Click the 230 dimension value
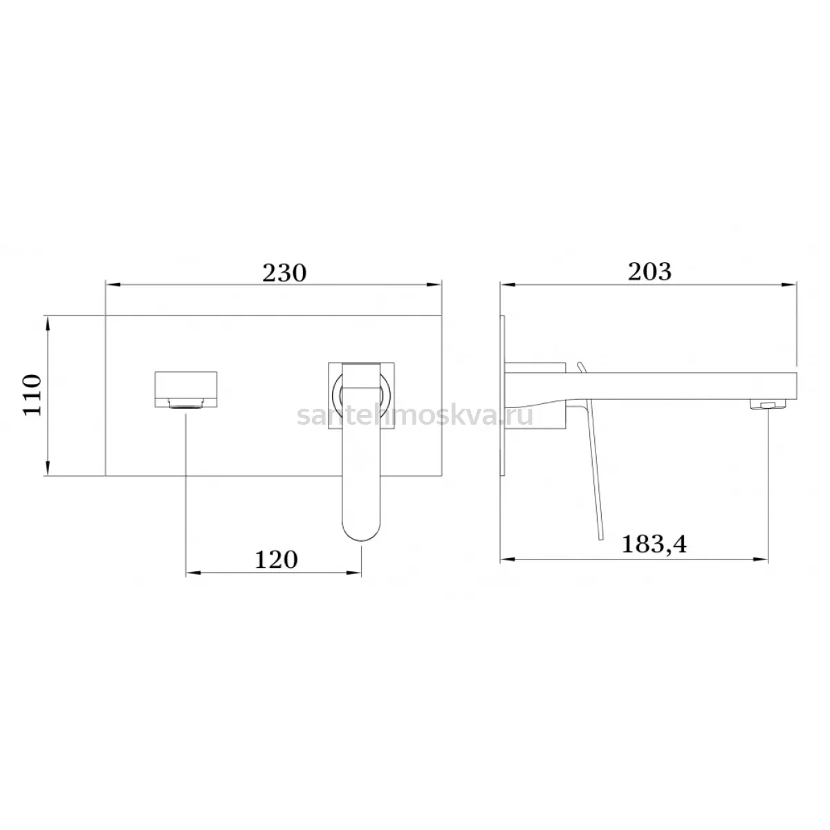(284, 273)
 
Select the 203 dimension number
(649, 272)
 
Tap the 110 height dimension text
(33, 395)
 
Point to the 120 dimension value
(276, 560)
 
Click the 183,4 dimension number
(654, 545)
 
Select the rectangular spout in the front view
(185, 389)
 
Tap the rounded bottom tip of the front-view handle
(362, 538)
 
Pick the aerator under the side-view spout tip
(768, 403)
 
